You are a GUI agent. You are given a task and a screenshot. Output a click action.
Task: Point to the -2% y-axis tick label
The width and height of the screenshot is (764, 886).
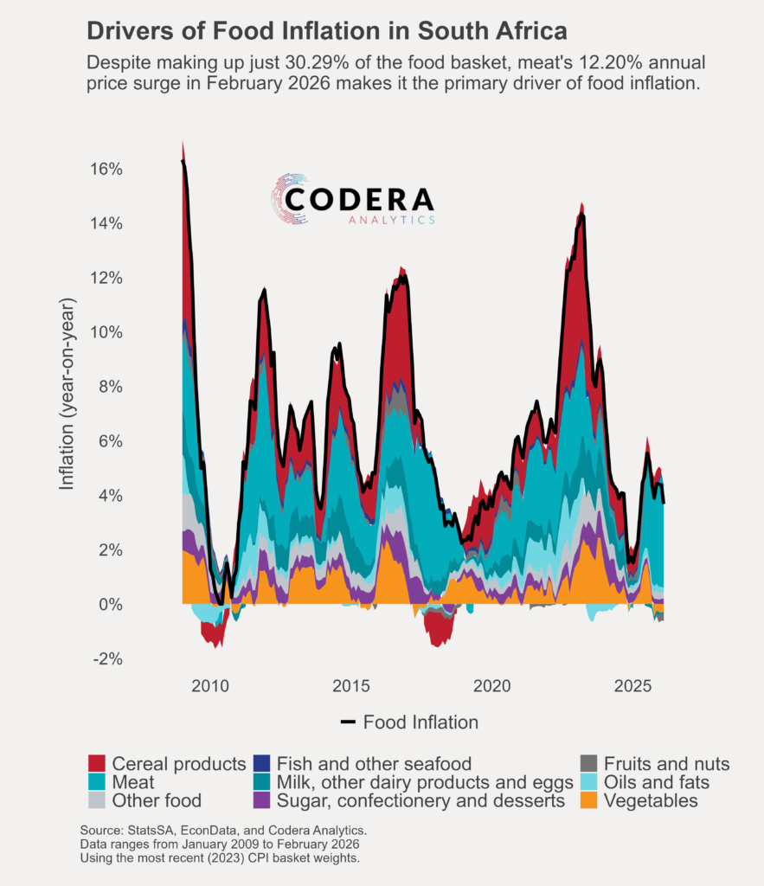pos(106,659)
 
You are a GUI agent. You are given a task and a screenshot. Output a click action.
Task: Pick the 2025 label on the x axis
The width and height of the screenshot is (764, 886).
pos(633,686)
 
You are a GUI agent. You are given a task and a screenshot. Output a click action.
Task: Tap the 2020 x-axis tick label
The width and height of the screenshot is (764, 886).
pos(492,686)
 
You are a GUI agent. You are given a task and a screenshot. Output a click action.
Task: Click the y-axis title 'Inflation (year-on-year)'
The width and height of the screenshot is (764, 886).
pos(67,395)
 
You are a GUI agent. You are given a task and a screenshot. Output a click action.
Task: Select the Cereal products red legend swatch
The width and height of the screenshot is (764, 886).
pos(97,764)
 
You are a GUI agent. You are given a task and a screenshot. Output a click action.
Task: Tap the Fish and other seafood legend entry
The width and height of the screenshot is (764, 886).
pos(374,764)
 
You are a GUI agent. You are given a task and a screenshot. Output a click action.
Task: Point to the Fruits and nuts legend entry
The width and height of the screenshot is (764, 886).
pos(667,764)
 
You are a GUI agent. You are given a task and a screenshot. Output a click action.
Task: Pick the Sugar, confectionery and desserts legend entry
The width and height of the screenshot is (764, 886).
pos(421,801)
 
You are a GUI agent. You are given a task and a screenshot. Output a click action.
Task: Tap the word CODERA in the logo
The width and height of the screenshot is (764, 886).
pos(359,200)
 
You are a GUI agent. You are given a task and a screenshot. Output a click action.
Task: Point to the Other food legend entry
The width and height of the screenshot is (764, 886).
pos(157,801)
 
